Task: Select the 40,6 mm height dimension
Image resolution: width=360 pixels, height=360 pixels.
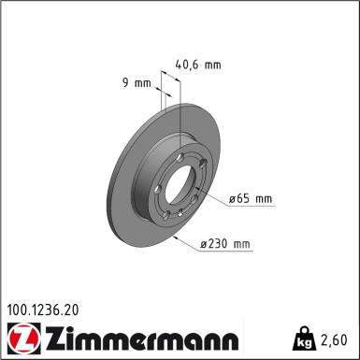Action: point(198,65)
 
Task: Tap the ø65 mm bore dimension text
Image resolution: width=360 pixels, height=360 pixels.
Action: point(251,198)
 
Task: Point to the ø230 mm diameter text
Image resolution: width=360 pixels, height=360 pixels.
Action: point(225,245)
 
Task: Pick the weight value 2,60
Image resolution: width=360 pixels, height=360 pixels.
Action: point(335,339)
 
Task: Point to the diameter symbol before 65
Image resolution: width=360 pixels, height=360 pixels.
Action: point(232,198)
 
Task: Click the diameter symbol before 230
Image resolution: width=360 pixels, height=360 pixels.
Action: point(203,245)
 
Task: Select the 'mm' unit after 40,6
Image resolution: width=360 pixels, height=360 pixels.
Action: point(212,65)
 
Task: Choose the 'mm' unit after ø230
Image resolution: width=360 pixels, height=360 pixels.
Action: point(242,245)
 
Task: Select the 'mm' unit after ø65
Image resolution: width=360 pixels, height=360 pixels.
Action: point(263,198)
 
